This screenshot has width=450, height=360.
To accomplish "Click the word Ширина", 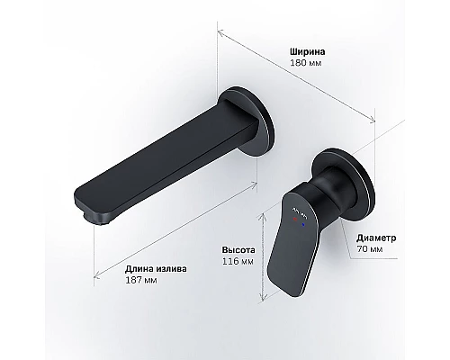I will (x=305, y=51).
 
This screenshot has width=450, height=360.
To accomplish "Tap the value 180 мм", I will (x=303, y=65).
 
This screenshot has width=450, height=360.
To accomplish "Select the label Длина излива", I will (x=156, y=266).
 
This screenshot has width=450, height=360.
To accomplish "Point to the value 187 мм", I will (x=139, y=280).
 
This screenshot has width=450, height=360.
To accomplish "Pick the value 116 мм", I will (x=237, y=262).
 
